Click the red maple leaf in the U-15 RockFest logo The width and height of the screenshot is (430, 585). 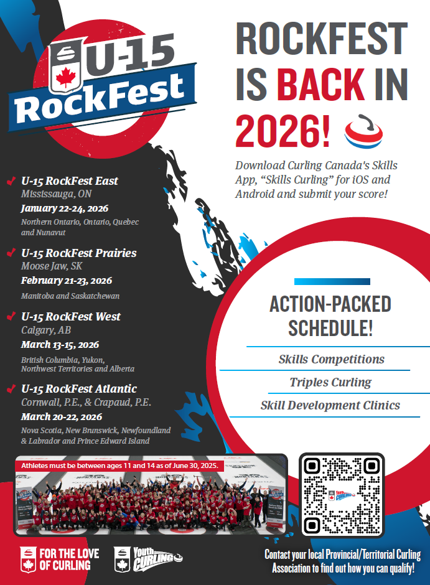65,77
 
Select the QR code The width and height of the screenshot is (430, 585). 342,494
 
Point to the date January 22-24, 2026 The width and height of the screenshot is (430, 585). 65,208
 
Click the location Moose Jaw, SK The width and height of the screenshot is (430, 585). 52,266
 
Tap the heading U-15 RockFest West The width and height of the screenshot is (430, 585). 71,317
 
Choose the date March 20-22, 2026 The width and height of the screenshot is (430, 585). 62,417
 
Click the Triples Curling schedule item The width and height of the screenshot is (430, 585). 330,382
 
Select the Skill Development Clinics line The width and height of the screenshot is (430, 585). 330,405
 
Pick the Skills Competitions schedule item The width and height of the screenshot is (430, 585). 331,359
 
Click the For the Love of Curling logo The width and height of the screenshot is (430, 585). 60,559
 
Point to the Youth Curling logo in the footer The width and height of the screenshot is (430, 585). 148,559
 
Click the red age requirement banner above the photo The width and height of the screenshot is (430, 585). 119,466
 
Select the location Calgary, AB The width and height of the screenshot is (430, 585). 46,330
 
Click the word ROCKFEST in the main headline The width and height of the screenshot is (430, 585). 322,39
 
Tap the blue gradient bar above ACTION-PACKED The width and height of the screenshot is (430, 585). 332,282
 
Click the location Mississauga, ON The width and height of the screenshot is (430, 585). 56,194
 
